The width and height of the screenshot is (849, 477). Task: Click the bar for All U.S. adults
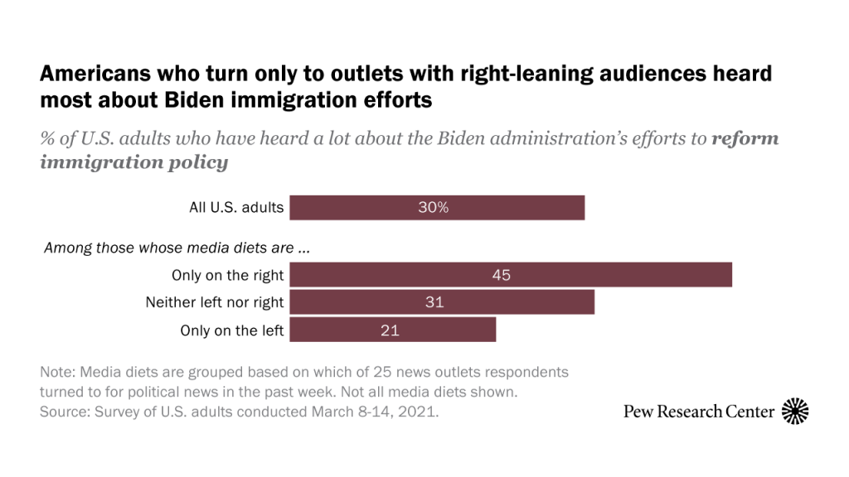pos(437,208)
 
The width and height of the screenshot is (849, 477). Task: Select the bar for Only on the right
pos(510,275)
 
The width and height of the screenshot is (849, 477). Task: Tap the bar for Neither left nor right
pos(441,303)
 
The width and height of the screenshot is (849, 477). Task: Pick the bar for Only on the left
pos(392,330)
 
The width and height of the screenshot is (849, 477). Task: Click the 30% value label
pos(433,208)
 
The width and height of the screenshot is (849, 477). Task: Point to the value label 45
pos(502,275)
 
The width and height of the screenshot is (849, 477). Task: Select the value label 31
pos(434,303)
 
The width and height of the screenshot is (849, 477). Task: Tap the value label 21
pos(390,330)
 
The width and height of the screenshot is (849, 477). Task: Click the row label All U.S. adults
pos(236,208)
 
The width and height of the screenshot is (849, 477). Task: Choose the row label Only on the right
pos(227,275)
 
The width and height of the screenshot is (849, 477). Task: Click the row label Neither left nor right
pos(215,303)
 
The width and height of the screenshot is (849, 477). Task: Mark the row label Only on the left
pos(232,330)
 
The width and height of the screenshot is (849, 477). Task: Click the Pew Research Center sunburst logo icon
pos(795,411)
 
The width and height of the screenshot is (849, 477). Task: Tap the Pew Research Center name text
pos(699,412)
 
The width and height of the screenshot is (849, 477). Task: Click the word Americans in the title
pos(91,75)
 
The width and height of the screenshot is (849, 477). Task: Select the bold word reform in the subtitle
pos(745,138)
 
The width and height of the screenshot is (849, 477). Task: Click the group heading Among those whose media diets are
pos(181,248)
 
